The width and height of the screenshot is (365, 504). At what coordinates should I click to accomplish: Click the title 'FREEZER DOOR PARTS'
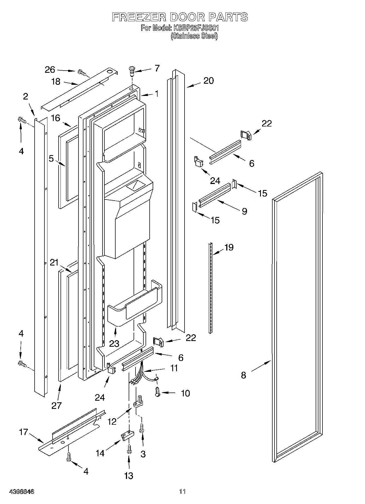(180, 17)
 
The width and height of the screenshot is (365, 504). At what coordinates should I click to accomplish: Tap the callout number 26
(50, 70)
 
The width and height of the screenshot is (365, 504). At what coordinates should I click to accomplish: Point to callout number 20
(209, 81)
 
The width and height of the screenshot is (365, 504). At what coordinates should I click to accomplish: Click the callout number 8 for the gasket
(243, 375)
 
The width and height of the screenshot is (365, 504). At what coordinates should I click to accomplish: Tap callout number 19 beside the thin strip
(229, 247)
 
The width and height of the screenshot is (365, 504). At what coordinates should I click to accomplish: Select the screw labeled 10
(157, 393)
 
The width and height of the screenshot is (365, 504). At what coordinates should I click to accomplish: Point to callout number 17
(24, 432)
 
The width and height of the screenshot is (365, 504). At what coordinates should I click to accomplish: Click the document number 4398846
(22, 492)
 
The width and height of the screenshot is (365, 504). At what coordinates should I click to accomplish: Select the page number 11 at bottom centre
(182, 492)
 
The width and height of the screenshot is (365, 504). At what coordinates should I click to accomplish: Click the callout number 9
(244, 211)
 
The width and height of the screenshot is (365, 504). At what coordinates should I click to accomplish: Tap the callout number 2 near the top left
(26, 96)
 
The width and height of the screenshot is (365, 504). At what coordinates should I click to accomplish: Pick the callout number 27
(57, 406)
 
